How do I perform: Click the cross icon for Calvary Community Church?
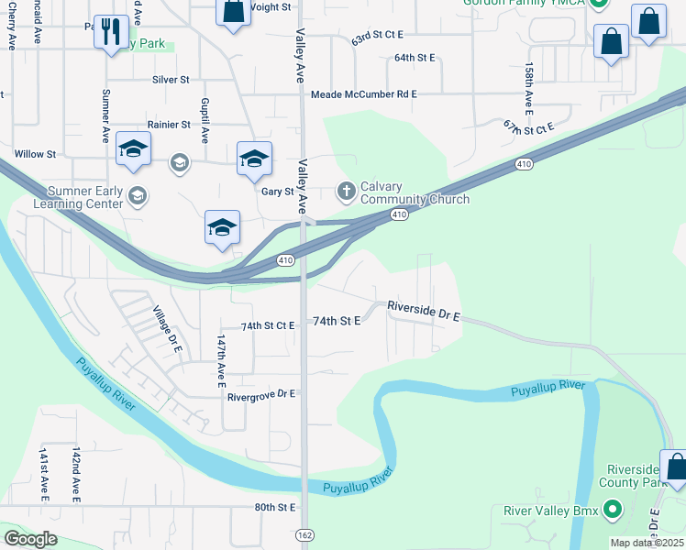(346, 192)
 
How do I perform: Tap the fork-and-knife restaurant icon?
(111, 33)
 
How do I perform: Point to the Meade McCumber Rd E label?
(364, 94)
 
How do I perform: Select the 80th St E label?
(275, 507)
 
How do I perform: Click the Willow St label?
(36, 154)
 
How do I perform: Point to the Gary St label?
(276, 192)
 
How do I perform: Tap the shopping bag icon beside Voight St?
(233, 13)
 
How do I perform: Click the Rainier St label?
(168, 125)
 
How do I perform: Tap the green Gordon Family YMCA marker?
(599, 4)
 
